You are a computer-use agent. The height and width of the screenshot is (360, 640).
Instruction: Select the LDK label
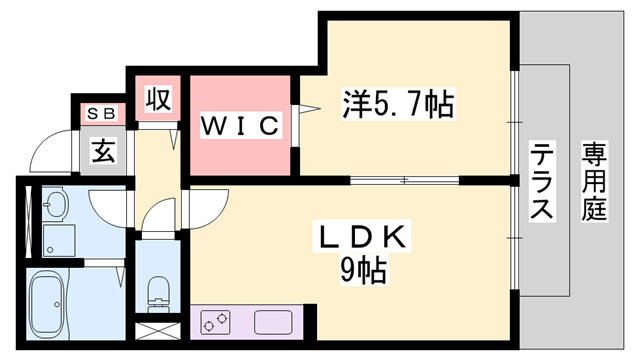[x=360, y=239]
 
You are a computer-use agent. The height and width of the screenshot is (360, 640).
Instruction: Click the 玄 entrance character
[x=103, y=152]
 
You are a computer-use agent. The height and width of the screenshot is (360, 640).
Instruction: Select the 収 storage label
[x=157, y=100]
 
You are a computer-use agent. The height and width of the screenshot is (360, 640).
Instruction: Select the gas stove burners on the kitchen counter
[x=216, y=323]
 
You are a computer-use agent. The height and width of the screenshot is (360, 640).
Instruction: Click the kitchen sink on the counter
[x=272, y=323]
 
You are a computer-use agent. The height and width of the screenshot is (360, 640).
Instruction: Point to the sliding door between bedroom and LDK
[x=404, y=180]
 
